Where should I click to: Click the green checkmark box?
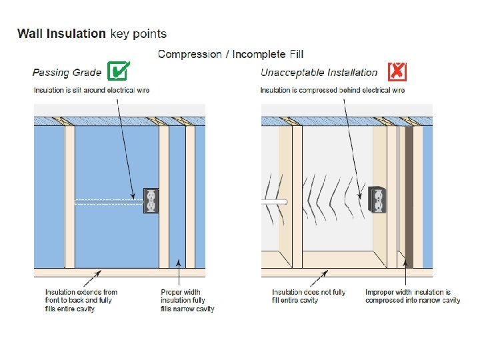(x=118, y=71)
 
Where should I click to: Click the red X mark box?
(x=397, y=71)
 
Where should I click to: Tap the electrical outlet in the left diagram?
(x=151, y=201)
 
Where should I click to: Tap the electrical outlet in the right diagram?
(x=378, y=199)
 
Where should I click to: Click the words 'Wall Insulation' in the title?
(x=61, y=33)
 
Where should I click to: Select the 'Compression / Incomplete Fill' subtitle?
(x=231, y=54)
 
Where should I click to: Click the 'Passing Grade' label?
(x=67, y=73)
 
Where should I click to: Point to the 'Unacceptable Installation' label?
(x=319, y=73)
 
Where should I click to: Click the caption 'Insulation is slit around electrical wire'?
(x=91, y=90)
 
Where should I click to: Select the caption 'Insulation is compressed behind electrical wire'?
(x=333, y=90)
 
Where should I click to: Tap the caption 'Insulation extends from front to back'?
(x=81, y=300)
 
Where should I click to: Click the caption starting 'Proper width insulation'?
(x=187, y=300)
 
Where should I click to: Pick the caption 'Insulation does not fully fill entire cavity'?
(x=309, y=296)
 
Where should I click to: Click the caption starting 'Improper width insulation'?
(x=413, y=296)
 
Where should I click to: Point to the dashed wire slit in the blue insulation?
(x=107, y=201)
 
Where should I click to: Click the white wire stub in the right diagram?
(x=275, y=201)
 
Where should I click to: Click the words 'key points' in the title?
(x=139, y=33)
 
